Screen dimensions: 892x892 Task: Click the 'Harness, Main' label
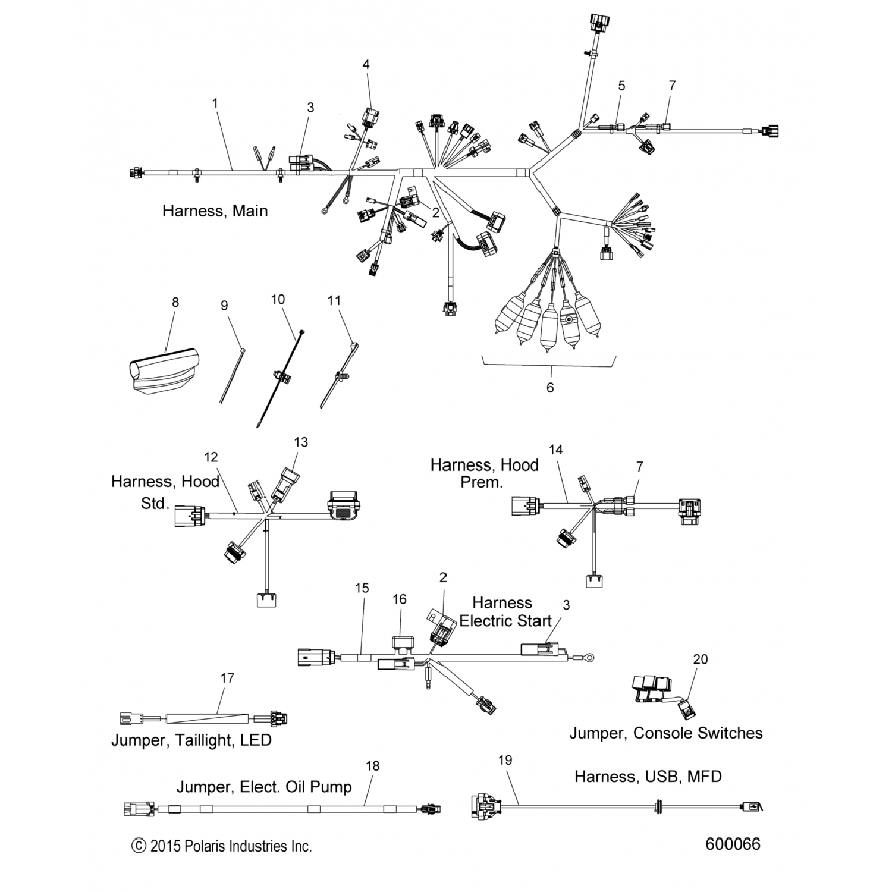pos(215,211)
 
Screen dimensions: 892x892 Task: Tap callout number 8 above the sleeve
pos(175,302)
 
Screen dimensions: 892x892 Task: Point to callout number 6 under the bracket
pos(550,388)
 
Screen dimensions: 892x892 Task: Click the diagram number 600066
pos(733,844)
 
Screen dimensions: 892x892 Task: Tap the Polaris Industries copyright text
pos(222,846)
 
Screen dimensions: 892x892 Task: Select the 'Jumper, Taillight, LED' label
pos(191,740)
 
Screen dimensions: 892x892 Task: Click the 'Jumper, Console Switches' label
pos(666,733)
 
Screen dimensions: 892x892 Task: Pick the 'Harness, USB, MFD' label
pos(648,777)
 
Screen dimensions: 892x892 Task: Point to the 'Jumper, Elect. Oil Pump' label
pos(264,787)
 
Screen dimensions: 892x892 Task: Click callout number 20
pos(701,659)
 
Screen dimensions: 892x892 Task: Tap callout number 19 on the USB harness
pos(505,760)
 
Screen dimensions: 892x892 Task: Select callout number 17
pos(227,678)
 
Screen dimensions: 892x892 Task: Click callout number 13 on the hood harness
pos(301,442)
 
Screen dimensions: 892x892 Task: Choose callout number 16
pos(400,599)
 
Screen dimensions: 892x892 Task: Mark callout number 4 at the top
pos(366,64)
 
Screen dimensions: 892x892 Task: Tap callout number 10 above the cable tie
pos(278,300)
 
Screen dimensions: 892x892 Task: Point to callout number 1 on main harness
pos(215,103)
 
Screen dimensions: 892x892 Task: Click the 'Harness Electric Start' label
pos(505,612)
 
